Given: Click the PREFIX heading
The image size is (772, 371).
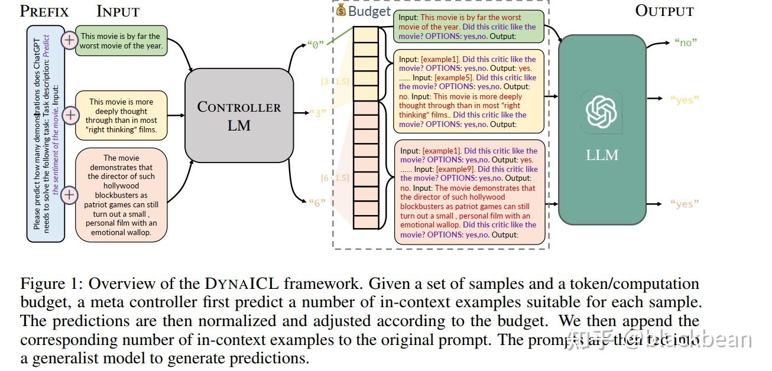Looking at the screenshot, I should (44, 11).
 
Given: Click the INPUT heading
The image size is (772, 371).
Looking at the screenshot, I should (118, 11).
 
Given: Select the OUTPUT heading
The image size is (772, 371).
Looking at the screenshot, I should (664, 11).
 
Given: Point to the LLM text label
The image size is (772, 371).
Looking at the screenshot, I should (602, 155).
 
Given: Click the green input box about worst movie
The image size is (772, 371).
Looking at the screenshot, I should (121, 41).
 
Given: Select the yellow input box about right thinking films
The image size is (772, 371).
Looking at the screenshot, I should (121, 115).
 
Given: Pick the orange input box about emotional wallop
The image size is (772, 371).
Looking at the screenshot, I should (121, 196).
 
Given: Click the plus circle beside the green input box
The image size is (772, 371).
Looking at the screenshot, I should (70, 40).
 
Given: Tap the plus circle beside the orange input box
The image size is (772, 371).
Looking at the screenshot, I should (70, 194).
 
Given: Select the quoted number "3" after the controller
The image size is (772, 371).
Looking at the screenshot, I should (317, 112).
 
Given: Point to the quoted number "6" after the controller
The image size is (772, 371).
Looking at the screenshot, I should (317, 203).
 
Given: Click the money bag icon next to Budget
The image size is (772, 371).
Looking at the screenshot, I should (340, 10).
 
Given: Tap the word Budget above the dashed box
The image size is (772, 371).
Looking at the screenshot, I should (369, 11).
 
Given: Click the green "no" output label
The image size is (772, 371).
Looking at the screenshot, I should (686, 42).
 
